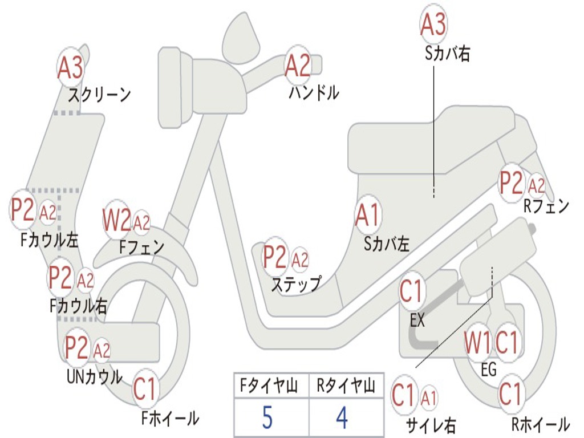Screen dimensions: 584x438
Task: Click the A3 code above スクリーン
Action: point(70,68)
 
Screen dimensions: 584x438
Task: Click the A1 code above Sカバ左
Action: point(367,215)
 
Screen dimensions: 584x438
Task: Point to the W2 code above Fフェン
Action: point(116,220)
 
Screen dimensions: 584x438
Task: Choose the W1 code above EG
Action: point(477,343)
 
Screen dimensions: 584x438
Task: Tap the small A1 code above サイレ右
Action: point(429,399)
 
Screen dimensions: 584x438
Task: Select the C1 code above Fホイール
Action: point(144,389)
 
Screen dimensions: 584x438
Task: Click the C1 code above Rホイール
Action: point(509,394)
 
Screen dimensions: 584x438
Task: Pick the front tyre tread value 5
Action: point(267,418)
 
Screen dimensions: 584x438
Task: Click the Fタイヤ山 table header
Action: point(269,386)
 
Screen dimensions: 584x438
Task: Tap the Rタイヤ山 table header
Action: point(346,386)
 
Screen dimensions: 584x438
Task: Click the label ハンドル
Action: point(314,93)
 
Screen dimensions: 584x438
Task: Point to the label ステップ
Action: point(296,284)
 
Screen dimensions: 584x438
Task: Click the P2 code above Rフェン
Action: point(511,183)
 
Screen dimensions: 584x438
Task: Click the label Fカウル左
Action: point(49,240)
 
